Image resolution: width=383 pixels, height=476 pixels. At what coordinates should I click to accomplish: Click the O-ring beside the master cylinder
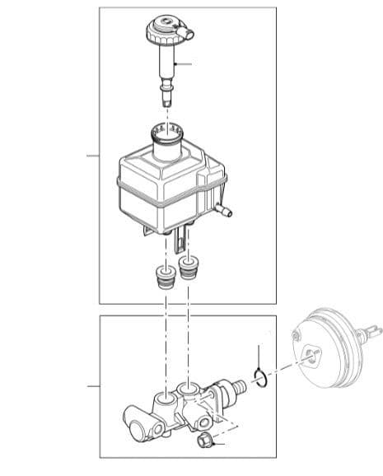259,378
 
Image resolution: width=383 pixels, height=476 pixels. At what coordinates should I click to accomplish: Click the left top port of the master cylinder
165,398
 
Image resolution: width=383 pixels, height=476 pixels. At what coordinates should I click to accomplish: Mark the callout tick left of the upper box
94,155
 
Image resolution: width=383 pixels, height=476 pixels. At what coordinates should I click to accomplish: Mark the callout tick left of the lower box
94,385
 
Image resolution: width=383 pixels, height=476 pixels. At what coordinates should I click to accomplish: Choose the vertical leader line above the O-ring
259,351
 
